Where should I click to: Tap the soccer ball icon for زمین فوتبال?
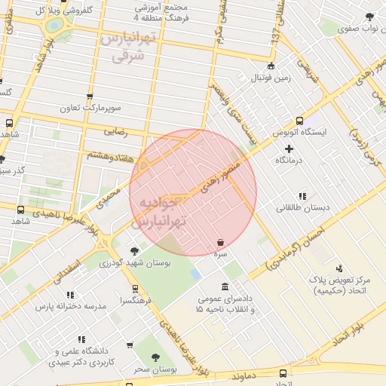(271, 66)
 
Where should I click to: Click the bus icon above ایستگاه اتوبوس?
(300, 121)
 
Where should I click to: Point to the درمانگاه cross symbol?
(289, 149)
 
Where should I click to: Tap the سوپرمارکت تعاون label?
(93, 109)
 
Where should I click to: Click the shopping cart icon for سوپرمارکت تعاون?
(91, 96)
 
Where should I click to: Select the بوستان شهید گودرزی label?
(139, 263)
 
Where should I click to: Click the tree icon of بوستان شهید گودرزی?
(134, 250)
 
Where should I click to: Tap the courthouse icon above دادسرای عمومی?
(225, 287)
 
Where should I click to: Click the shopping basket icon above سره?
(220, 243)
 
